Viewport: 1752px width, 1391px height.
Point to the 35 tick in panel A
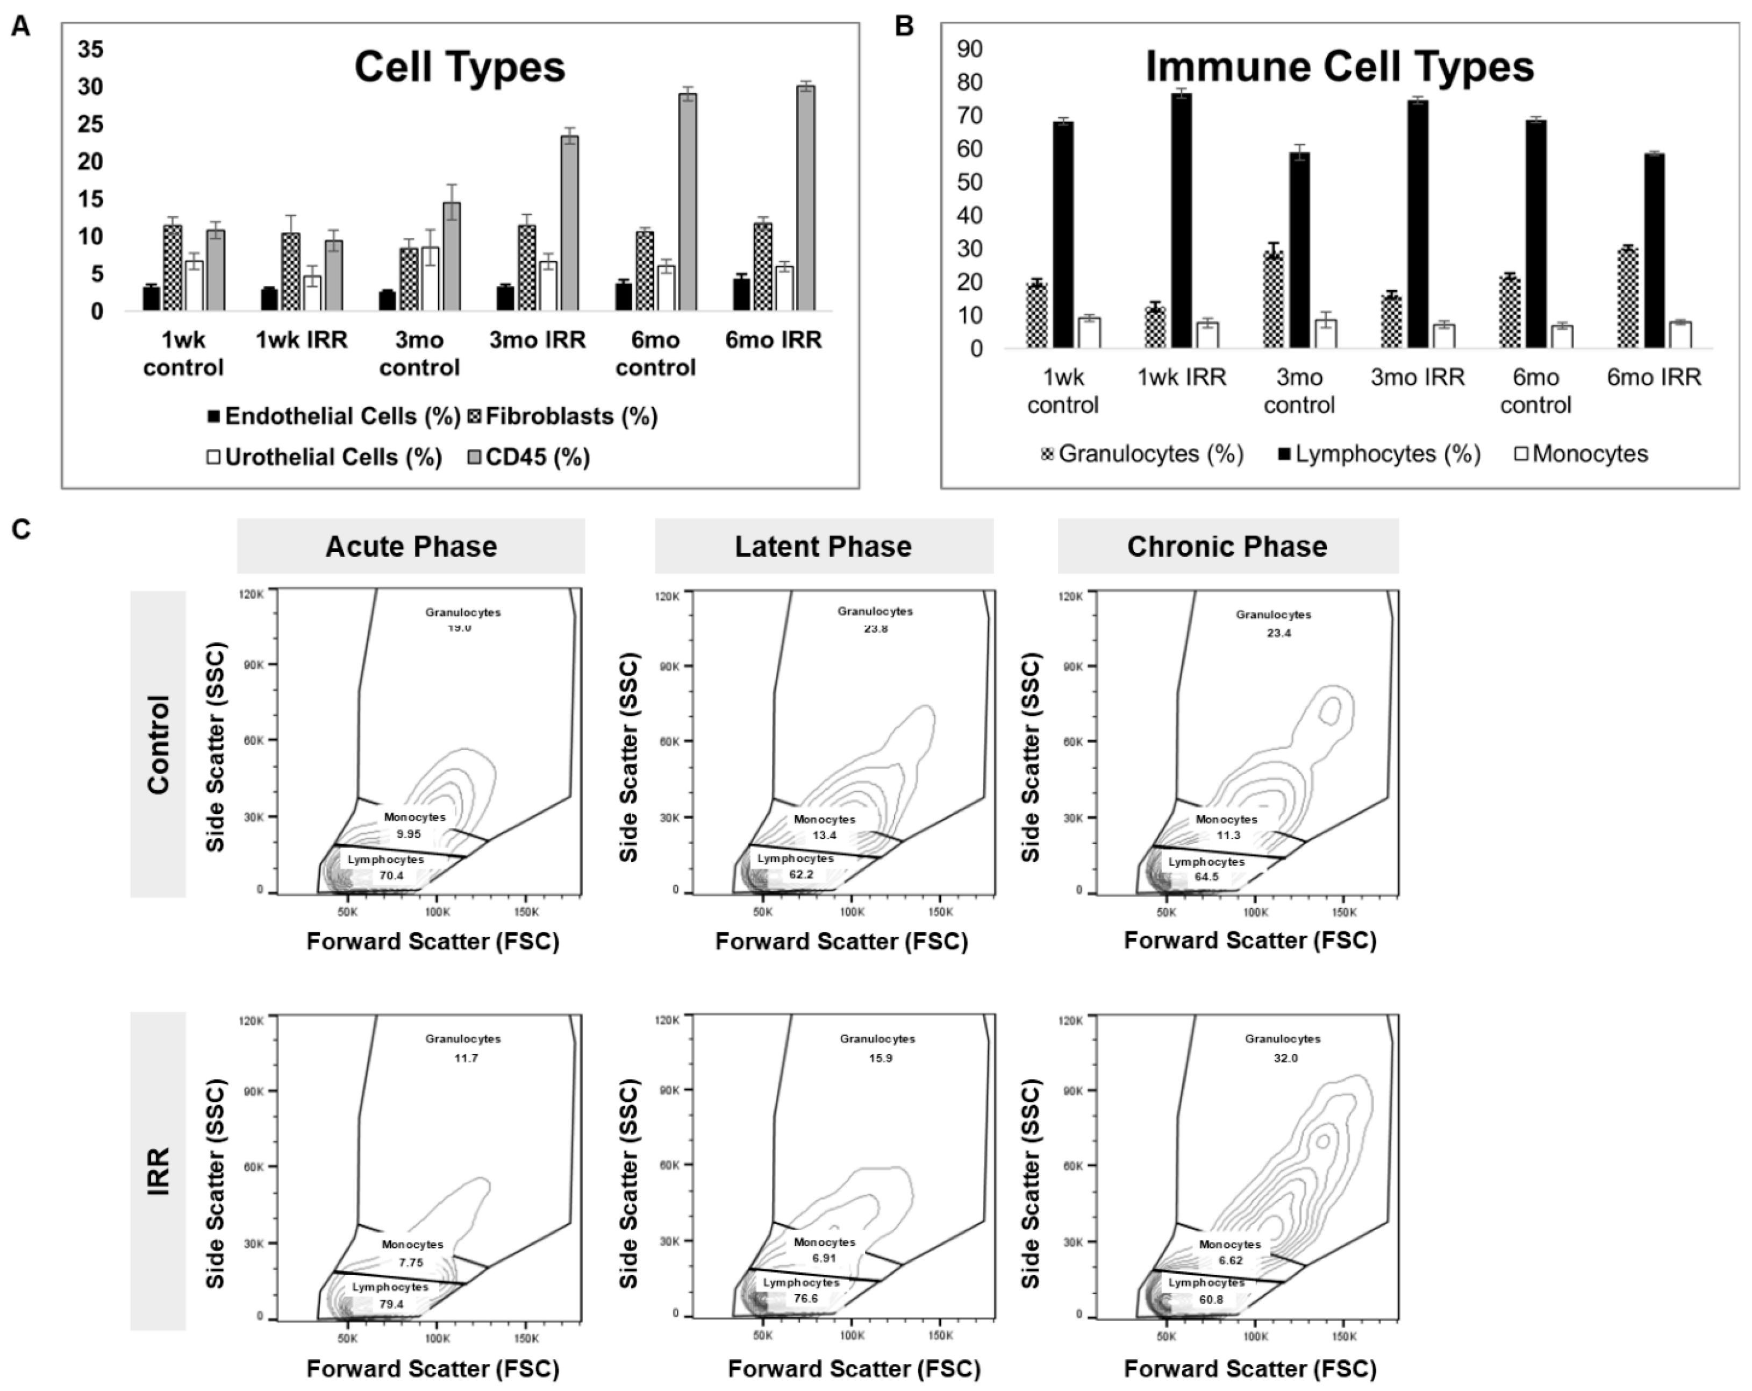tap(90, 49)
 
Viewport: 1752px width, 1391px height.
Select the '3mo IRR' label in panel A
tap(537, 340)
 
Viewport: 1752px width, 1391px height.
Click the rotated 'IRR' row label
tap(159, 1170)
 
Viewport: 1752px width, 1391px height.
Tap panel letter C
tap(20, 530)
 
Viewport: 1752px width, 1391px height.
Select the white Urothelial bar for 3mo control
tap(431, 278)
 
